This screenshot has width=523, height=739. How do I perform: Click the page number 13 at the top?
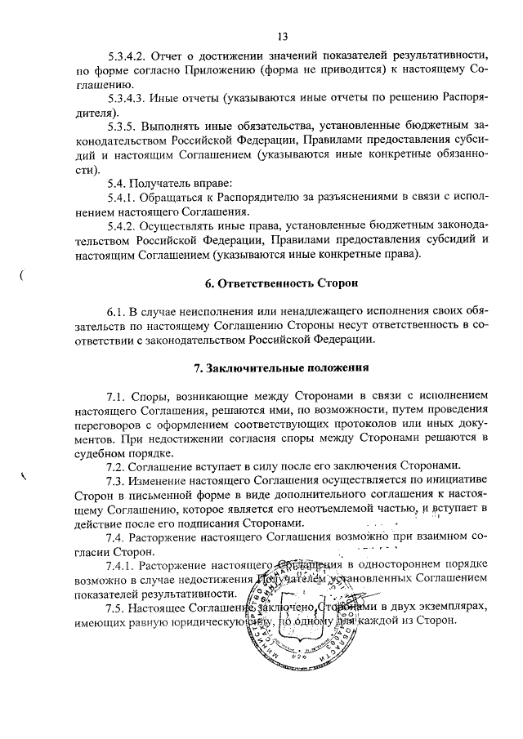pos(283,36)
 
